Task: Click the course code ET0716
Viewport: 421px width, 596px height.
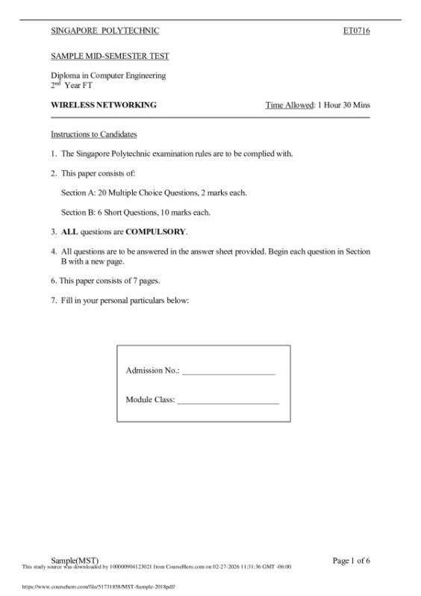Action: (x=356, y=31)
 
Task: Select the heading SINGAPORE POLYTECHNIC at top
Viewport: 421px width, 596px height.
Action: (x=105, y=31)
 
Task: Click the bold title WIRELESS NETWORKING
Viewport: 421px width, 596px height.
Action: (x=103, y=105)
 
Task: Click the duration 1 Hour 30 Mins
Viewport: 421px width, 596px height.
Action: (x=343, y=105)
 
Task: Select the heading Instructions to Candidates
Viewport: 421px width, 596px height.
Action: (x=93, y=134)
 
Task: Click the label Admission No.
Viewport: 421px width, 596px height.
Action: (x=152, y=371)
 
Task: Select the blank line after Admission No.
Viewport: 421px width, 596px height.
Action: (x=229, y=371)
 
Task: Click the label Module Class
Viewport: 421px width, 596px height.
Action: (x=150, y=400)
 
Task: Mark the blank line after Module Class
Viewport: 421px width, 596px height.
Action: (x=228, y=401)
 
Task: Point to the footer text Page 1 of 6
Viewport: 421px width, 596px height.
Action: (x=351, y=559)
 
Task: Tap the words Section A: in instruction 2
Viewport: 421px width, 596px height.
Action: (x=78, y=192)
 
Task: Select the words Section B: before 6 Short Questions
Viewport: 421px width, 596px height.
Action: (x=78, y=212)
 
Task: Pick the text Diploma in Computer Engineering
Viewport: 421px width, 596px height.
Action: (x=108, y=75)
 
